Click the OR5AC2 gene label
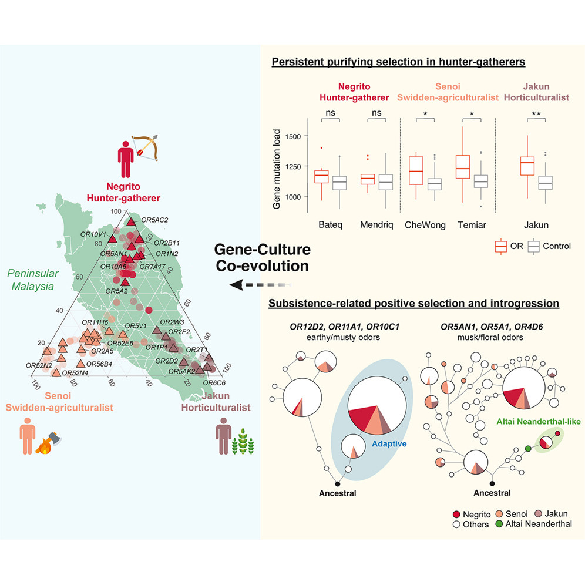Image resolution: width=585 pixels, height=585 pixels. [155, 220]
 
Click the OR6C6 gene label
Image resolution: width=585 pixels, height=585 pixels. [214, 382]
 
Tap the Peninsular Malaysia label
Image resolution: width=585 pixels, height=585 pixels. [31, 280]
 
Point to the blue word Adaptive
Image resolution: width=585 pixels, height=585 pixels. [389, 444]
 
